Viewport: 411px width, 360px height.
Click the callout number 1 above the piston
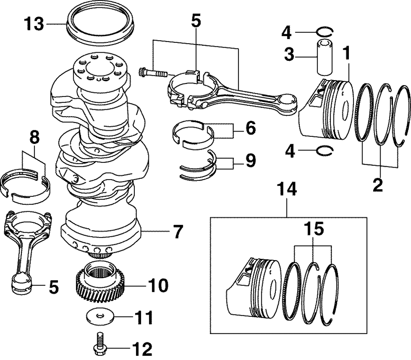click(x=347, y=53)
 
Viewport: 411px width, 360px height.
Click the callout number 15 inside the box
click(x=314, y=228)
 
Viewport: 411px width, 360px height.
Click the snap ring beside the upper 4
click(x=327, y=32)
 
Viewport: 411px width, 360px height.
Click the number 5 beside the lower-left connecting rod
click(x=53, y=287)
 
